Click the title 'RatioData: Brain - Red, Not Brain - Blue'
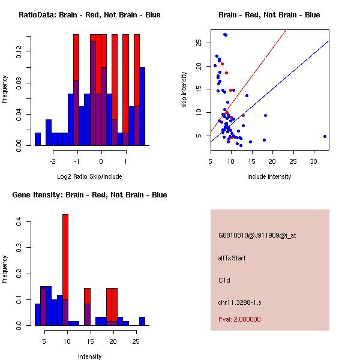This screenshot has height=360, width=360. pos(89,15)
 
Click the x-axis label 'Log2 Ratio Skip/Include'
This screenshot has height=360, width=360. pos(89,176)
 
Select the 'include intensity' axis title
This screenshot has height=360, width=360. pos(269,176)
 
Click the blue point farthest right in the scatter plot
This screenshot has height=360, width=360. pos(325,136)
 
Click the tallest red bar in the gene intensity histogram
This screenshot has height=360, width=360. pos(65,258)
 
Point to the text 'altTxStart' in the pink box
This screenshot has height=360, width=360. pos(232,258)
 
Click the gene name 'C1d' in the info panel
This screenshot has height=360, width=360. pos(224,280)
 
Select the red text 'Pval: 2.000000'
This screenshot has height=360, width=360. pos(239,319)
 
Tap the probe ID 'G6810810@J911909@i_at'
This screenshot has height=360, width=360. pos(257,235)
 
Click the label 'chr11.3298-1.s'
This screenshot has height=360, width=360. pos(239,302)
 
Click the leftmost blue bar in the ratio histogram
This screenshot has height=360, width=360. pos(38,139)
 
